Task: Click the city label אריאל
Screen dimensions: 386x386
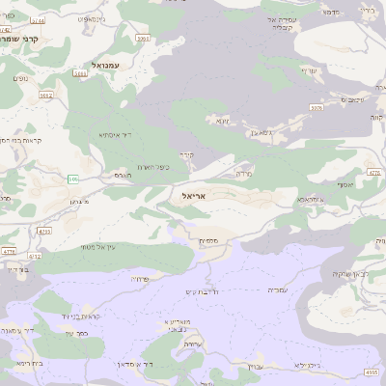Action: pyautogui.click(x=194, y=196)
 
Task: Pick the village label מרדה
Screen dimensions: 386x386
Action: pyautogui.click(x=243, y=175)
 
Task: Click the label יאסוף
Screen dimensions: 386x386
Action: pyautogui.click(x=345, y=184)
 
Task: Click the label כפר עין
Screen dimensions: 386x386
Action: pyautogui.click(x=76, y=334)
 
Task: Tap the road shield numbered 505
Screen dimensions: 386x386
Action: pyautogui.click(x=73, y=179)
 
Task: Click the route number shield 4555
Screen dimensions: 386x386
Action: pyautogui.click(x=372, y=372)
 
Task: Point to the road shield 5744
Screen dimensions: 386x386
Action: pyautogui.click(x=38, y=20)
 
